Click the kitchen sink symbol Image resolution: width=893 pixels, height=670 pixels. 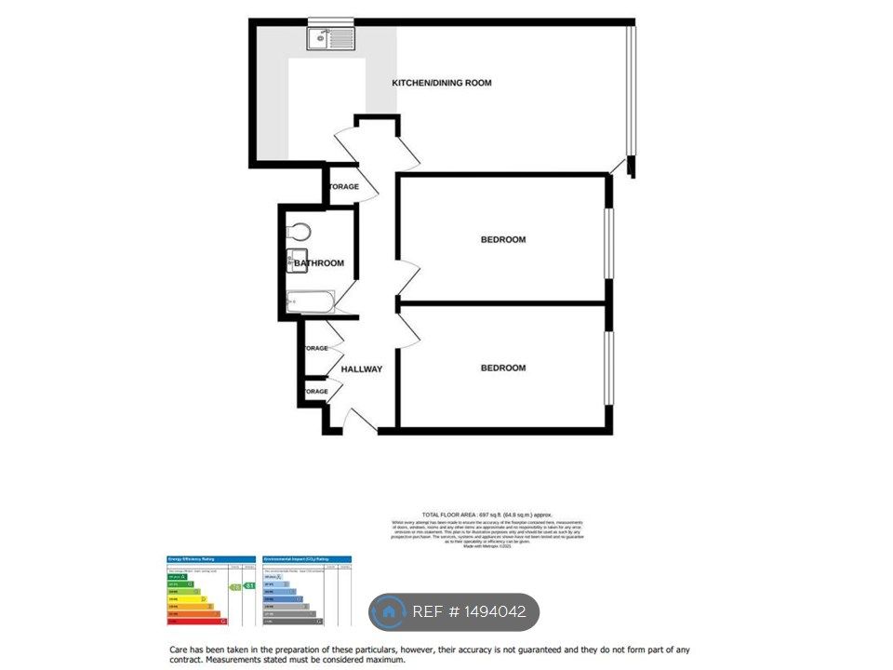pos(332,38)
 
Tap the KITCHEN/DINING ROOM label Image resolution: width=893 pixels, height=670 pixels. pos(442,84)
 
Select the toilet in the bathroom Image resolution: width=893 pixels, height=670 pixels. pos(299,232)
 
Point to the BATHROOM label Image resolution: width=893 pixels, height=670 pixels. pos(320,263)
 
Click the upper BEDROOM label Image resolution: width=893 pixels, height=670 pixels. pos(502,240)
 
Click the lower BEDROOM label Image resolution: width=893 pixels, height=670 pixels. pos(502,368)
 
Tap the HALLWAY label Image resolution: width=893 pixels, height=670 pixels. pos(361,369)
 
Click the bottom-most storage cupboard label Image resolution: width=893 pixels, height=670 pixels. pos(316,392)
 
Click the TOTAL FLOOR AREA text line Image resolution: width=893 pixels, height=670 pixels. pos(486,515)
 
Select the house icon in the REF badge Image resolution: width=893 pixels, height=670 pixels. pos(386,612)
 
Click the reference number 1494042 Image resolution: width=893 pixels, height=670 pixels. pos(489,612)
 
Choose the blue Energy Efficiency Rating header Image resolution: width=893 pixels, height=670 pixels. pos(210,558)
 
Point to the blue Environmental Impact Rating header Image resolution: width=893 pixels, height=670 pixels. pos(307,558)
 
